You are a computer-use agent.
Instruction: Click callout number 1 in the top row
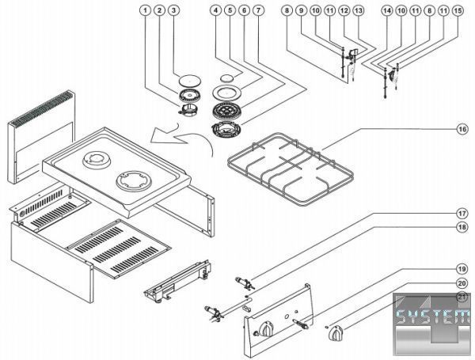click(x=144, y=11)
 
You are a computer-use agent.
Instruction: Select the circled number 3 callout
click(x=173, y=11)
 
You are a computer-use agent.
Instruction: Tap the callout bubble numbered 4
click(x=215, y=11)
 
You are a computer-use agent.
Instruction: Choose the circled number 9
click(x=301, y=11)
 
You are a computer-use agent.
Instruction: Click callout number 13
click(x=358, y=11)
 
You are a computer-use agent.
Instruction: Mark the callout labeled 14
click(x=386, y=11)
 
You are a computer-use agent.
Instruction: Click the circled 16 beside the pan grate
click(x=460, y=127)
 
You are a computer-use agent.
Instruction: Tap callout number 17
click(x=460, y=214)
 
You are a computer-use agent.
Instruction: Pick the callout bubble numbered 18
click(x=460, y=228)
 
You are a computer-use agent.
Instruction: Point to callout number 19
click(x=460, y=268)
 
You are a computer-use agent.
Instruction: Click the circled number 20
click(x=460, y=282)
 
